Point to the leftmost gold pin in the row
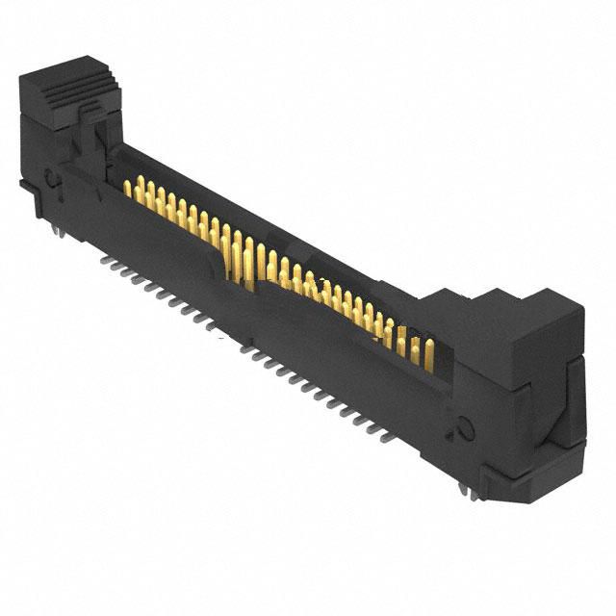coord(127,187)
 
